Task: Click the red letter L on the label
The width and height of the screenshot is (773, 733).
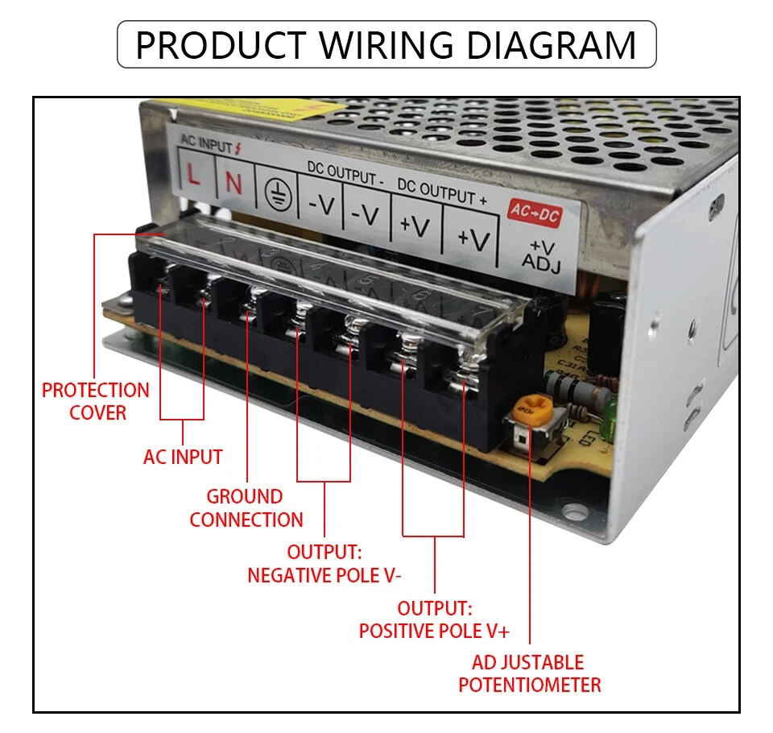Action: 194,175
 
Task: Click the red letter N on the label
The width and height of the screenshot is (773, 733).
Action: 234,183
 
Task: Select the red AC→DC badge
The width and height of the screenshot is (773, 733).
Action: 534,211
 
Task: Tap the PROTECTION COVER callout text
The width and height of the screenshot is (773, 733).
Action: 96,401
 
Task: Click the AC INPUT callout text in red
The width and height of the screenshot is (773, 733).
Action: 183,457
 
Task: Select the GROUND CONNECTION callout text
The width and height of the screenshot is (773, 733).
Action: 246,508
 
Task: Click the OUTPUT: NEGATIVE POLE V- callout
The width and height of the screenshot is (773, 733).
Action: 324,564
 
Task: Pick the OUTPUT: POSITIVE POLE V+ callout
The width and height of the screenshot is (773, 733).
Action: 434,619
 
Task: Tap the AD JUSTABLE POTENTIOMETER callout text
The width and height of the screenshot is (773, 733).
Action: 529,674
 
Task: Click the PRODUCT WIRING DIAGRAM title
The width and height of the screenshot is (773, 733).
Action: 386,44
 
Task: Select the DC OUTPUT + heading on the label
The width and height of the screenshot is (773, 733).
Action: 441,191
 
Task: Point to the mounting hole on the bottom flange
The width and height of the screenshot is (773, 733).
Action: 573,510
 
